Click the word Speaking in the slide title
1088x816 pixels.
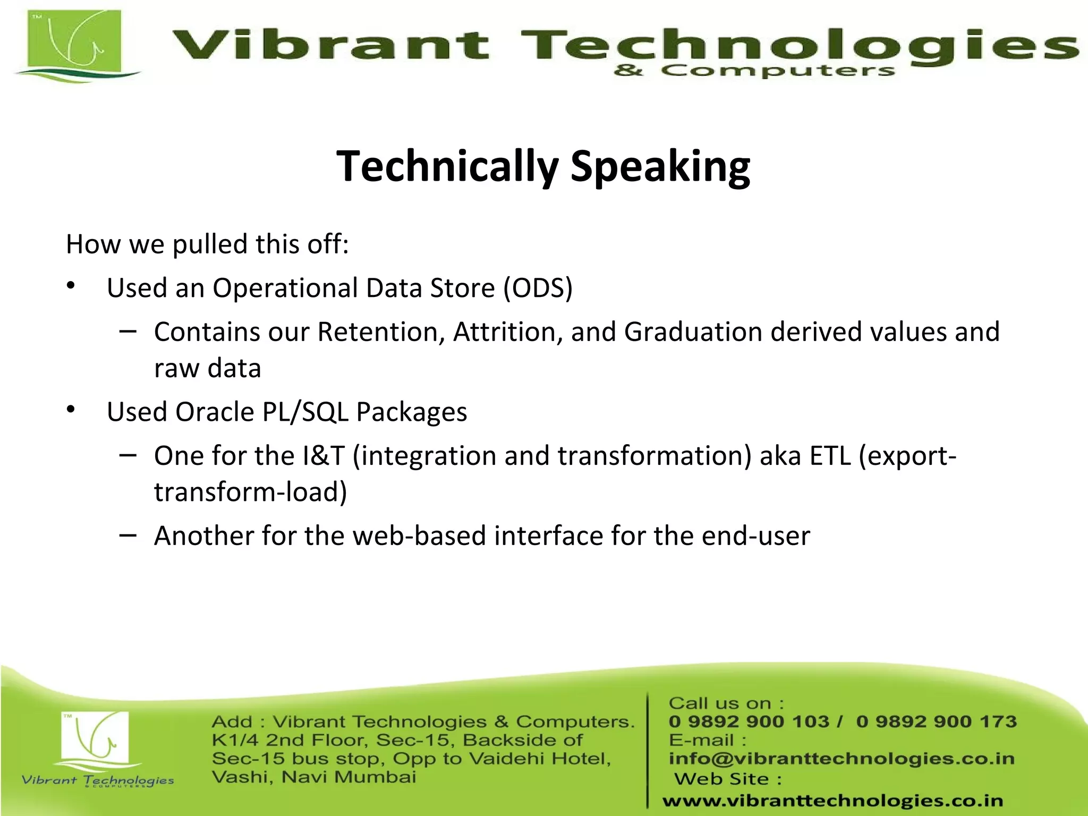pos(660,167)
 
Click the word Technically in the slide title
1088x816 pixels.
pos(447,167)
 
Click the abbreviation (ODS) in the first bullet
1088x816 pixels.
pos(538,288)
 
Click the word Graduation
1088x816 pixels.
pos(693,333)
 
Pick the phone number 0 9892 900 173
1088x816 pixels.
pos(936,721)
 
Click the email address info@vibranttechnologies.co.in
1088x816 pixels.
pos(841,759)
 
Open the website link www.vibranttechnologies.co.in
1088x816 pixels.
pos(832,801)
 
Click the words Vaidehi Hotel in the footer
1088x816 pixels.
pos(539,759)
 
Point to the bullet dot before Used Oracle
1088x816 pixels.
pos(71,410)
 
